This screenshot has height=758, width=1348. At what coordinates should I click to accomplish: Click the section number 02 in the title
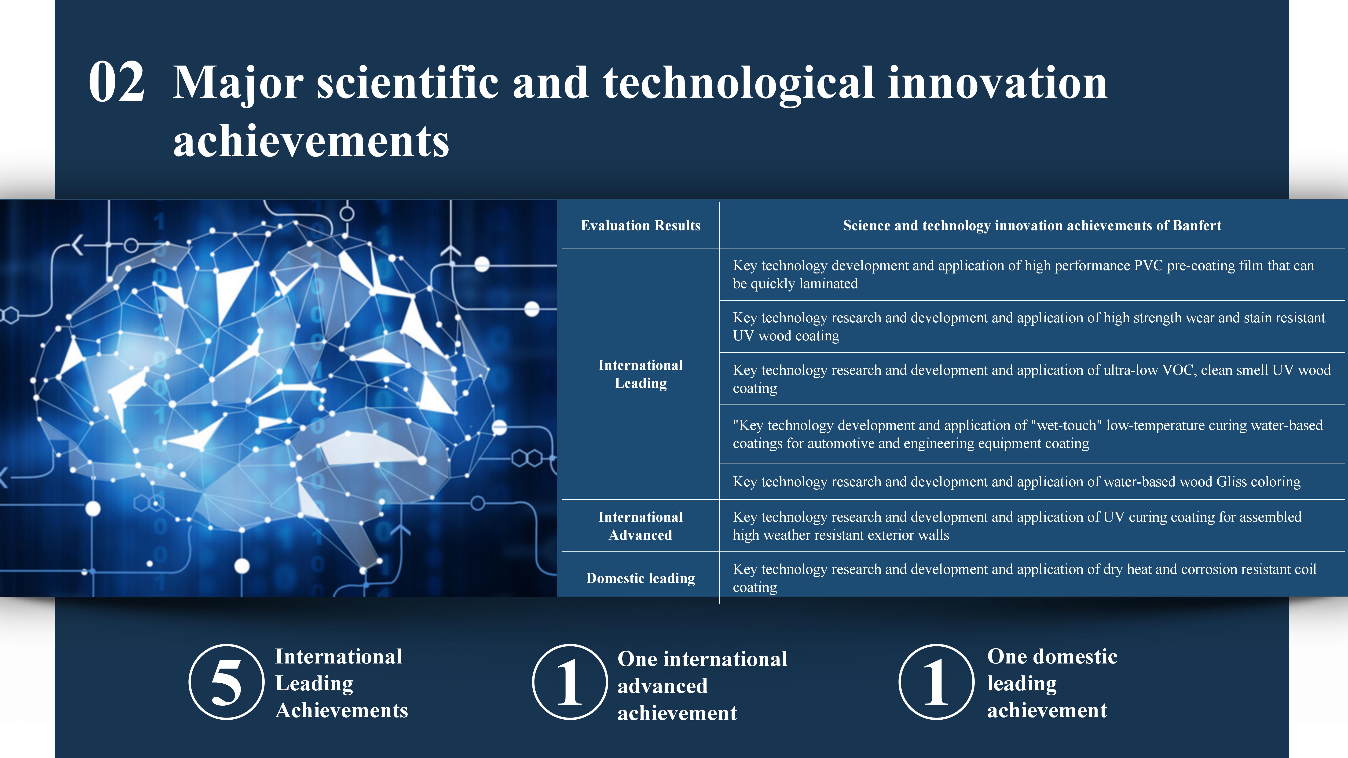[x=116, y=82]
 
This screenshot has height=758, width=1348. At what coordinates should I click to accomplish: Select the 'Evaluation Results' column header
[x=641, y=226]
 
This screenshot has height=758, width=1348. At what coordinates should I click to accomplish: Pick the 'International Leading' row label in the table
[x=641, y=374]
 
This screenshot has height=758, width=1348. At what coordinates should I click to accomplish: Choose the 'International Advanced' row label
[x=641, y=526]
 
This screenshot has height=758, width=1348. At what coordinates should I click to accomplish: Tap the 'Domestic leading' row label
[x=641, y=578]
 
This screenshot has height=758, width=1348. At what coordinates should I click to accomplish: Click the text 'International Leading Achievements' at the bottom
[x=341, y=683]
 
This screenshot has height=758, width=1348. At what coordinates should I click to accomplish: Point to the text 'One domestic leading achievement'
[x=1052, y=683]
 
